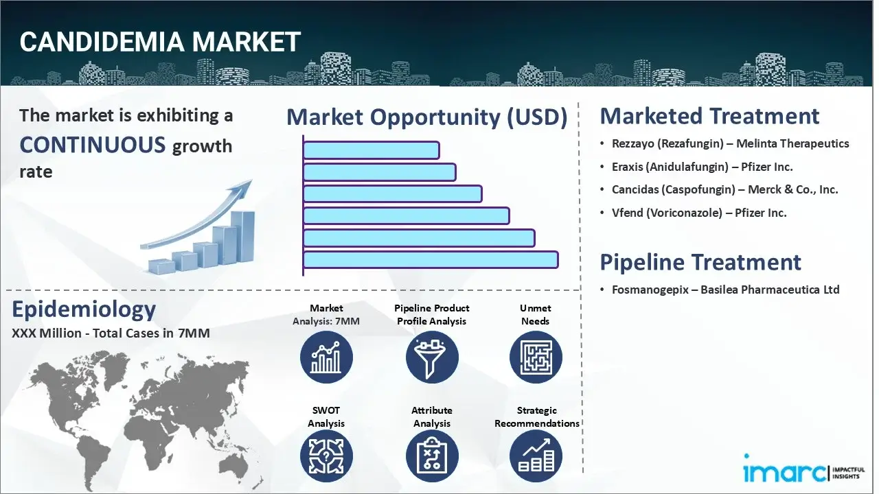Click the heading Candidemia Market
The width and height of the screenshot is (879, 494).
(160, 43)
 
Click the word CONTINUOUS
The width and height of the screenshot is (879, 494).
(93, 145)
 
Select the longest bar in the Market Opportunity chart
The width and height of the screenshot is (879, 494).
(431, 260)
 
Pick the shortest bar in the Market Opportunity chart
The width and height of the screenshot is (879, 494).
(371, 150)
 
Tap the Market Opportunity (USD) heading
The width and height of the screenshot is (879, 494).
(426, 117)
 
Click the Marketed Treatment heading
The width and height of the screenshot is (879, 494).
(709, 116)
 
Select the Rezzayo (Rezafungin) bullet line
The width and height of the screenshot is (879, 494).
(730, 144)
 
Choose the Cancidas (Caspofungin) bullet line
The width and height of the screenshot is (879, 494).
(724, 190)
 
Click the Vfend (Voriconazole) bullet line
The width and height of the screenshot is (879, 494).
(699, 213)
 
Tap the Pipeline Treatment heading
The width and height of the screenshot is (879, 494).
(700, 262)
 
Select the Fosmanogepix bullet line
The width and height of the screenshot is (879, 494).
(725, 290)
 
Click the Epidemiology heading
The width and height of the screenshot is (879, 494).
(84, 309)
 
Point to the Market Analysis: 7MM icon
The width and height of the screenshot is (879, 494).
(326, 357)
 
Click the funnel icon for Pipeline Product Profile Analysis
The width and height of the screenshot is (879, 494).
(431, 357)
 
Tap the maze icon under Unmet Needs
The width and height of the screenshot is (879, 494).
(536, 357)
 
